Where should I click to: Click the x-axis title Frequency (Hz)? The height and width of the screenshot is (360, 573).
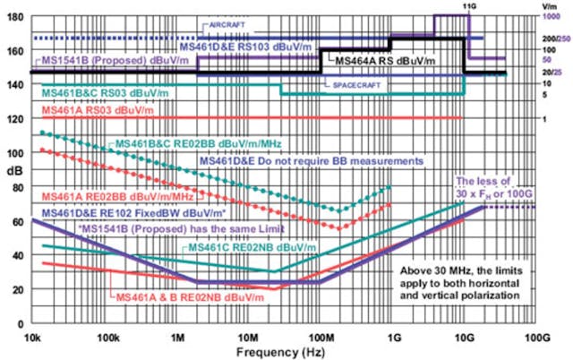pos(287,352)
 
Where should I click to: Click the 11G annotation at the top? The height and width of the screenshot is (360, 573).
pos(466,6)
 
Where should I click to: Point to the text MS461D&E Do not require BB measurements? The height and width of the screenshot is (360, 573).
pos(311,161)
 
